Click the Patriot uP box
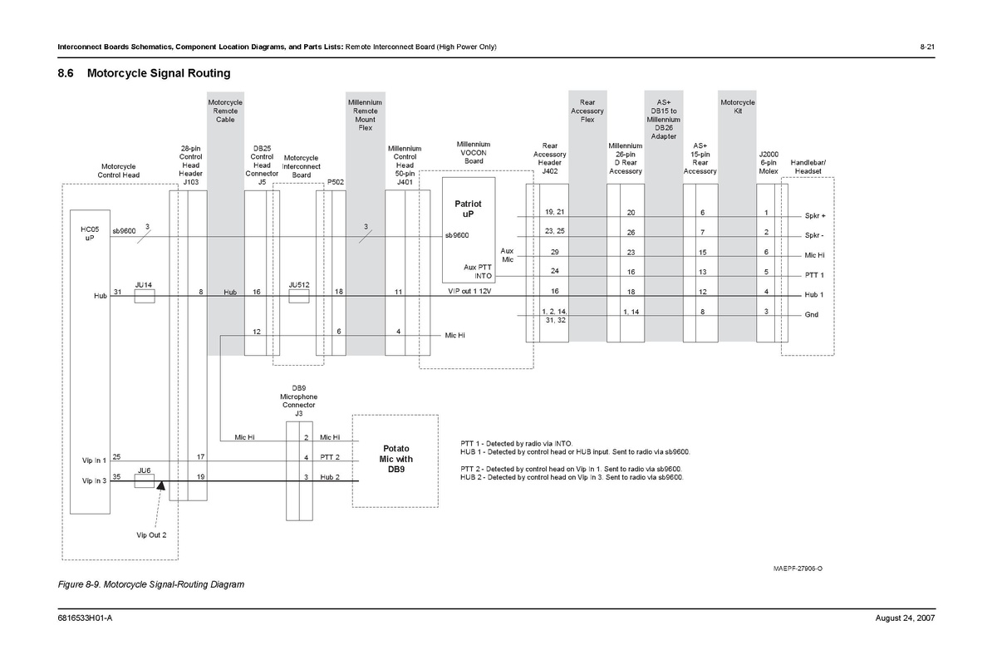(468, 209)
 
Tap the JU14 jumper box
(145, 296)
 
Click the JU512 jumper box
(299, 296)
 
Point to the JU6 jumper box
(145, 481)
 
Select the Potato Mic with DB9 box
(396, 460)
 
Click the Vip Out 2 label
(152, 534)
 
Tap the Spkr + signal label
(814, 215)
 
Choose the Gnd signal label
(812, 315)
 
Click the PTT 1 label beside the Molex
(814, 275)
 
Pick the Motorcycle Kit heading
(737, 106)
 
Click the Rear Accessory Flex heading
(587, 111)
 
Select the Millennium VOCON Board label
(474, 152)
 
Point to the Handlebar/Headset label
(808, 166)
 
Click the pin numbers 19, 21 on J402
(555, 212)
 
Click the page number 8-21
(928, 46)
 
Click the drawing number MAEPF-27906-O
(798, 569)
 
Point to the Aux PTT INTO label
(478, 272)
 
